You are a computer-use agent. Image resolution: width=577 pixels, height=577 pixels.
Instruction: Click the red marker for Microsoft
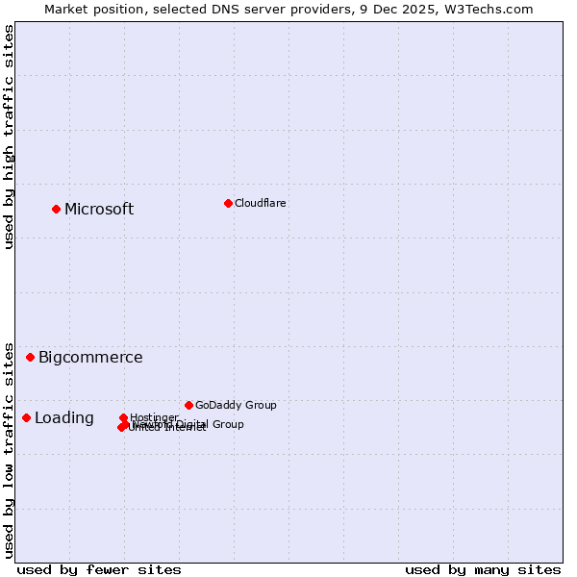(57, 209)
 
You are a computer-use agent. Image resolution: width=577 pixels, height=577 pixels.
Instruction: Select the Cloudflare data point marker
(228, 203)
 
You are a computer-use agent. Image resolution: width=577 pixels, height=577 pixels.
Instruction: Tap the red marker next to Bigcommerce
(31, 357)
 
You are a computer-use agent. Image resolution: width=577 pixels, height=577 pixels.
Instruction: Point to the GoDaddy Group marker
(188, 405)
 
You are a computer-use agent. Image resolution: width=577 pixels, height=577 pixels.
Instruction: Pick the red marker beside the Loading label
(27, 417)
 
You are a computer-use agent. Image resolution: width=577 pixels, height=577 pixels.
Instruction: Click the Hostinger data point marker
(124, 417)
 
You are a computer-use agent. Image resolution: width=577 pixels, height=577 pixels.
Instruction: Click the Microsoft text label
(99, 210)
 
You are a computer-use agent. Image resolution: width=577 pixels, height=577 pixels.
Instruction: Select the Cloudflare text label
(261, 204)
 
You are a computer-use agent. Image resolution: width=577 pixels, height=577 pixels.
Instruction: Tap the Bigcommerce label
(90, 358)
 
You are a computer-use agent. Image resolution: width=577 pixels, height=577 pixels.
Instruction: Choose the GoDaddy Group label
(236, 406)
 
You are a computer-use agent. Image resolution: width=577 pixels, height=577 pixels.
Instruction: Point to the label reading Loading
(64, 418)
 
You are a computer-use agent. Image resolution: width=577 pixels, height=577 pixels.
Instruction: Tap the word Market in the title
(68, 9)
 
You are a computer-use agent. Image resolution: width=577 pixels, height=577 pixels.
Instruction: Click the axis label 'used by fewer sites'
(99, 569)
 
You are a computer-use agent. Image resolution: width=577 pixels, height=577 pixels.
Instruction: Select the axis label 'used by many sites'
(483, 569)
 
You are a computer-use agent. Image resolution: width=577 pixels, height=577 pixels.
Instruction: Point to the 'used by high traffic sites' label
(10, 137)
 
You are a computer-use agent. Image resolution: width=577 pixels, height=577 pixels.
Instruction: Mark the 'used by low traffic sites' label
(10, 449)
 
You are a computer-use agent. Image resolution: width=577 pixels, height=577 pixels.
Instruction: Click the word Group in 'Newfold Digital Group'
(227, 424)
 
